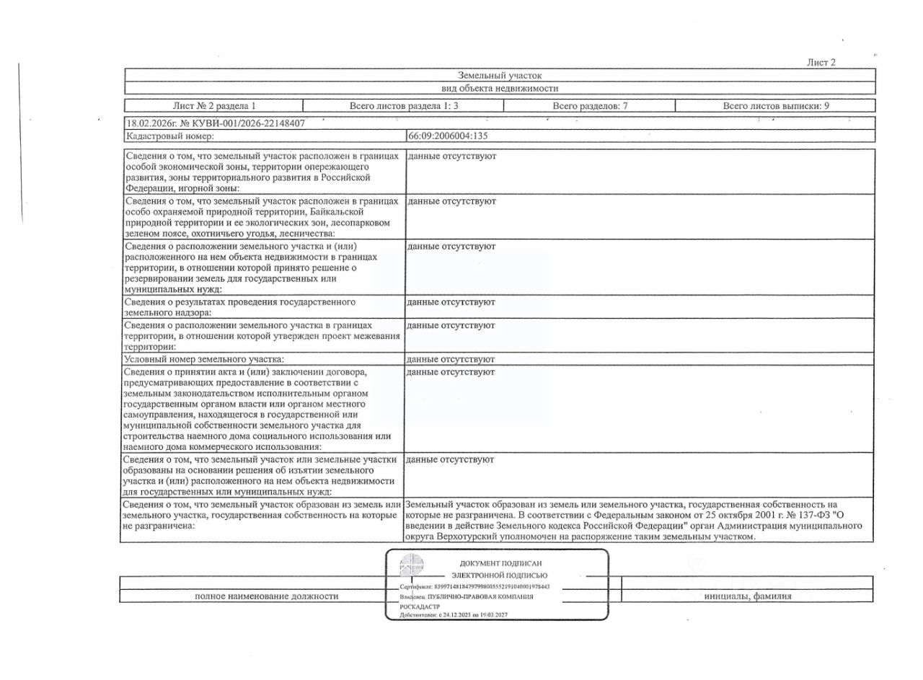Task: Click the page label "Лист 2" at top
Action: (821, 63)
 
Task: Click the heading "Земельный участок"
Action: (500, 75)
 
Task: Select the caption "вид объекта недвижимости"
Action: (500, 88)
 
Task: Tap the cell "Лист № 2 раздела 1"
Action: (214, 106)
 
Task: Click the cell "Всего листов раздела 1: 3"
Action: (404, 106)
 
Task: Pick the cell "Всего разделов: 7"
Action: (590, 106)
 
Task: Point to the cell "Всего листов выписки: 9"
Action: (776, 106)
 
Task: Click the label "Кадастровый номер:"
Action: (170, 136)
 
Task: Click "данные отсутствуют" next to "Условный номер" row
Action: (451, 359)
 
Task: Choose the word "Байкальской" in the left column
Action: (358, 212)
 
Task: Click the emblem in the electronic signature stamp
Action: (412, 566)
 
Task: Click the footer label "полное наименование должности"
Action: (267, 596)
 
